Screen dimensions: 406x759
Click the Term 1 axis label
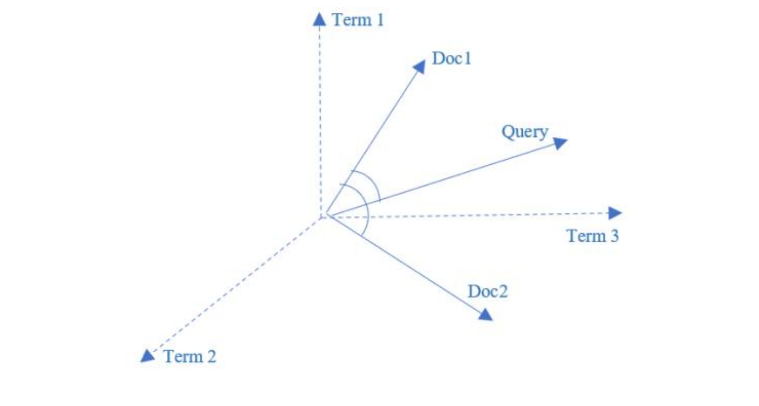pos(358,20)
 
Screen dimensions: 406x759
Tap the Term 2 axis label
pos(190,356)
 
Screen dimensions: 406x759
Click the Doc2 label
pos(487,292)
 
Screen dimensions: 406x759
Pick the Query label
pos(525,132)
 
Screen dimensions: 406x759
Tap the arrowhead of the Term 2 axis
pos(147,356)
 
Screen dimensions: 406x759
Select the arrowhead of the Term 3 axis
pos(615,213)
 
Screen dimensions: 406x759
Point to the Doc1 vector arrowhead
pos(420,66)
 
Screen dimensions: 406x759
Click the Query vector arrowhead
pos(560,143)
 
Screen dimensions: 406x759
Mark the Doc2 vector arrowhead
pos(485,315)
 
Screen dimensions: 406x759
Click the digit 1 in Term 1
pos(380,20)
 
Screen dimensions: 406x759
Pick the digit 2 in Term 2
pos(211,356)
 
